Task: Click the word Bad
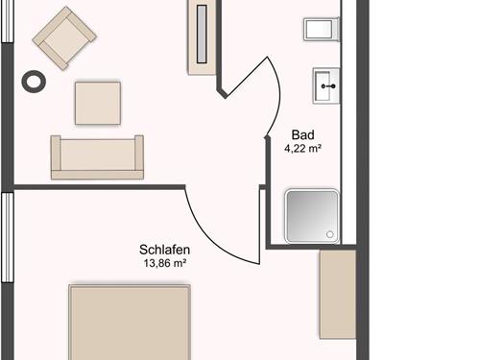point(302,134)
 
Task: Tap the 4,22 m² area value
point(302,149)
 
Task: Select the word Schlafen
point(164,250)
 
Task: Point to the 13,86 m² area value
point(165,263)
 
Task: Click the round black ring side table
point(34,82)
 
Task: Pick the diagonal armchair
point(64,37)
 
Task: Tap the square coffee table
point(98,103)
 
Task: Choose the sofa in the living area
point(97,157)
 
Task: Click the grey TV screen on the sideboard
point(202,34)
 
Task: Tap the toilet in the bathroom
point(322,29)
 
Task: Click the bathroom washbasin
point(326,85)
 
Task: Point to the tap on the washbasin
point(328,86)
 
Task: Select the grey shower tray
point(312,216)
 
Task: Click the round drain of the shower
point(329,234)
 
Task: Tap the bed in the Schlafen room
point(130,322)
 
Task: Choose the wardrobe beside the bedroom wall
point(338,295)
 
